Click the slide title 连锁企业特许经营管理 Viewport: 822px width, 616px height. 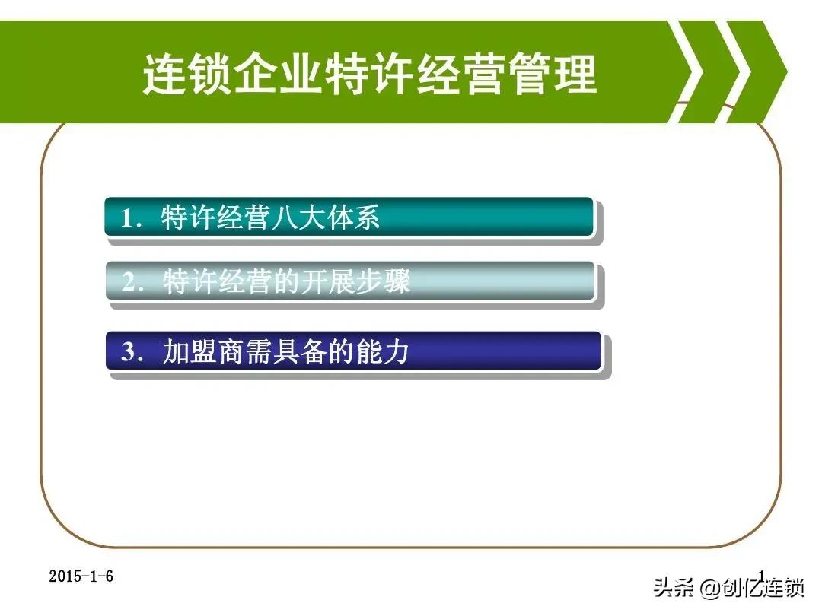(370, 75)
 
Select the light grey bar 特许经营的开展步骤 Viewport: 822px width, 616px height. (349, 282)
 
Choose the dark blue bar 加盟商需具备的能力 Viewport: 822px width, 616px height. (353, 351)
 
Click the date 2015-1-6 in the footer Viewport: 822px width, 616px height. (81, 576)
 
